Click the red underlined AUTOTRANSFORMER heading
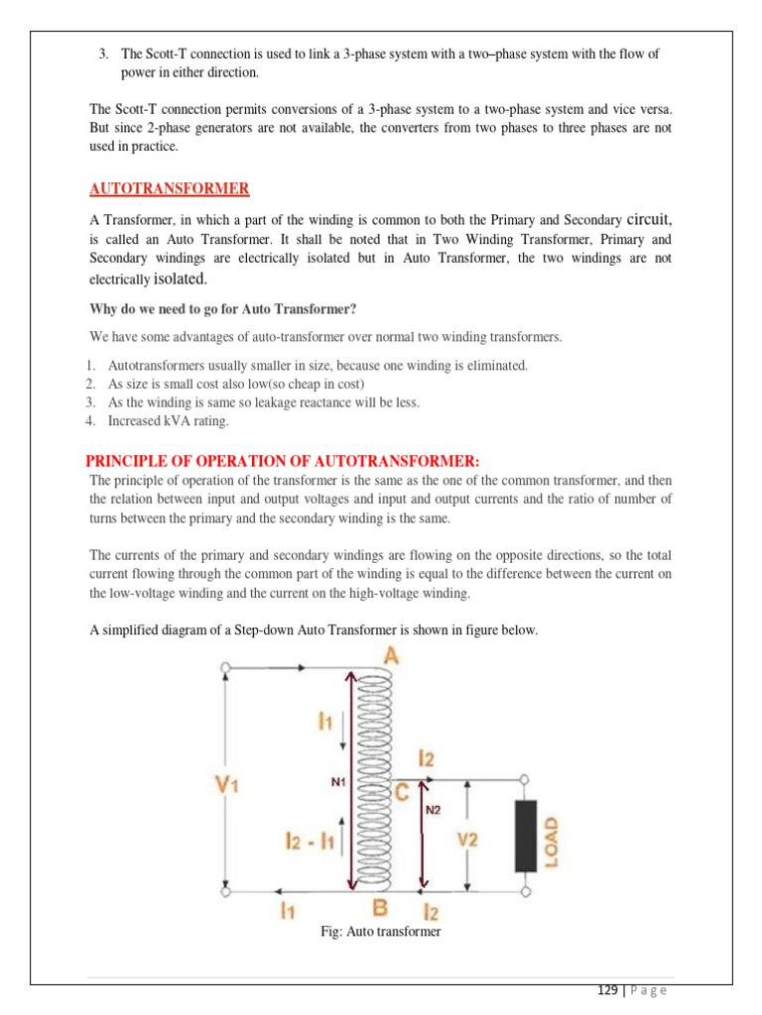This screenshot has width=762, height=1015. pos(170,189)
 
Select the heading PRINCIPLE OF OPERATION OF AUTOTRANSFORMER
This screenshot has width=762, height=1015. pos(283,461)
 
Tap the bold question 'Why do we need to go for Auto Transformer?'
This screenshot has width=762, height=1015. pos(223,308)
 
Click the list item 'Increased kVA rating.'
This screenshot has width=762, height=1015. pos(168,421)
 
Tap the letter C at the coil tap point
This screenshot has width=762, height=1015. pos(402,792)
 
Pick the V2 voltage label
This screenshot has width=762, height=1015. pos(469,839)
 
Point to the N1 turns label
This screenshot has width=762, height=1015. pos(337,781)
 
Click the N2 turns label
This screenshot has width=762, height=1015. pos(433,809)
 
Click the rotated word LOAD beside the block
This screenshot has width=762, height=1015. pos(552,843)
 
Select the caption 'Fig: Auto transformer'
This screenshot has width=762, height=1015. pos(380,932)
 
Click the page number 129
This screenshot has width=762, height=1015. pos(607,990)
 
